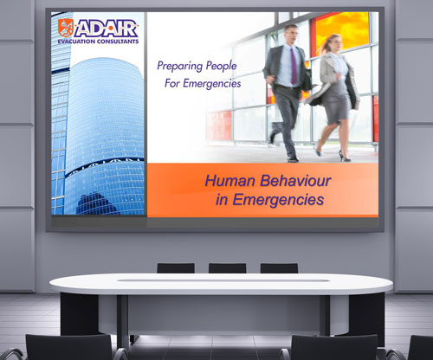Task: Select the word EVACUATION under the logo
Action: [82, 42]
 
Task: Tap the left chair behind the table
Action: [176, 268]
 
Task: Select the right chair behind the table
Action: [279, 268]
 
